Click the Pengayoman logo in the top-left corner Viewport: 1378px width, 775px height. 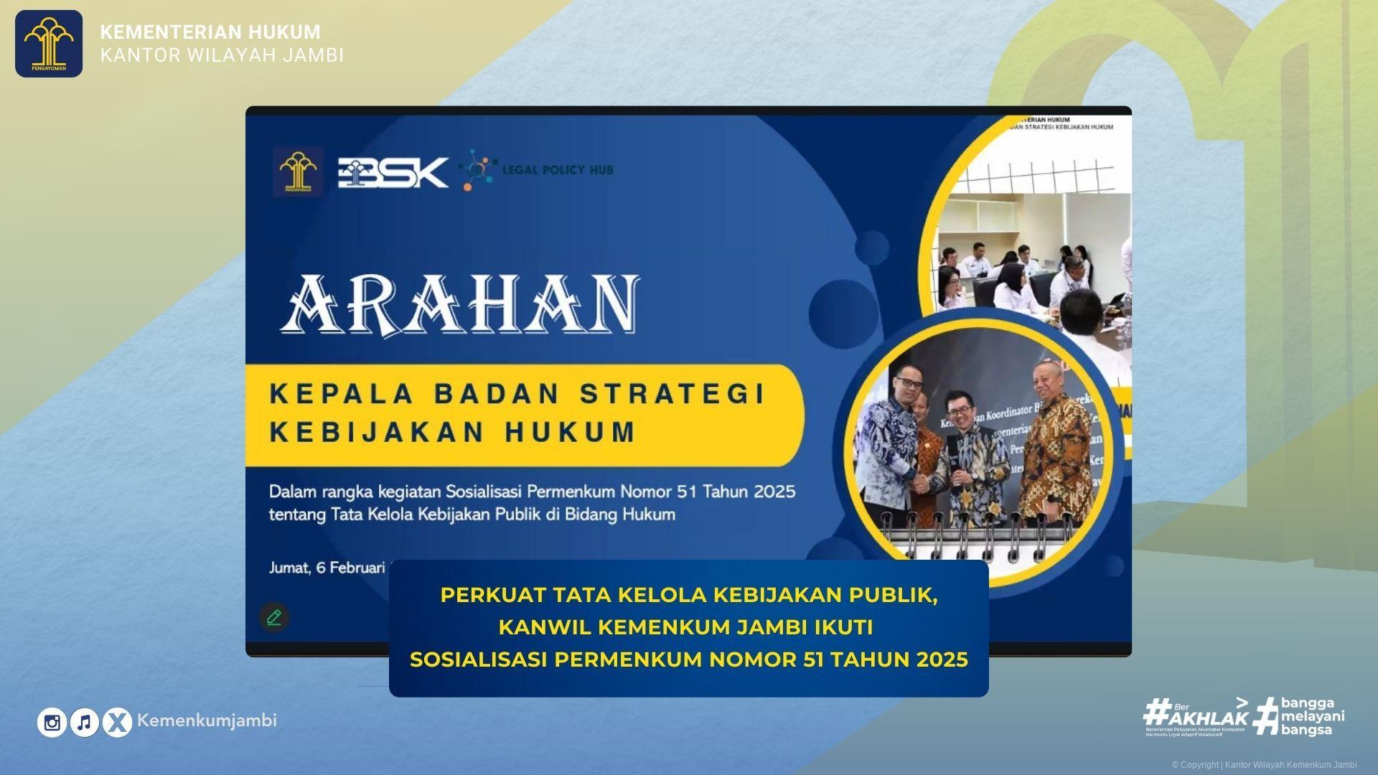[x=49, y=44]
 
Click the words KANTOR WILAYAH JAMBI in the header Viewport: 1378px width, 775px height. [x=222, y=55]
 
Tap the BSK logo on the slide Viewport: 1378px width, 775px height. [x=393, y=172]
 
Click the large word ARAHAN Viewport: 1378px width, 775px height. [x=460, y=304]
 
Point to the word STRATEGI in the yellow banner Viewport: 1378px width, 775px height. [x=672, y=394]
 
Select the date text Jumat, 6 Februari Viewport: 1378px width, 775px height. [x=327, y=568]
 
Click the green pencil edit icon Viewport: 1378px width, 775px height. [x=273, y=617]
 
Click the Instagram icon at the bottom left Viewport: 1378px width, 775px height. [x=52, y=723]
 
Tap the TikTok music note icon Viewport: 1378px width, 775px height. [x=85, y=723]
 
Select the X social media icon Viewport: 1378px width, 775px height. [x=117, y=723]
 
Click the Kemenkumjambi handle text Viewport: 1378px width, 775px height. [x=207, y=720]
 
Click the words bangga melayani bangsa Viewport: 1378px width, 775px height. [x=1312, y=716]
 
